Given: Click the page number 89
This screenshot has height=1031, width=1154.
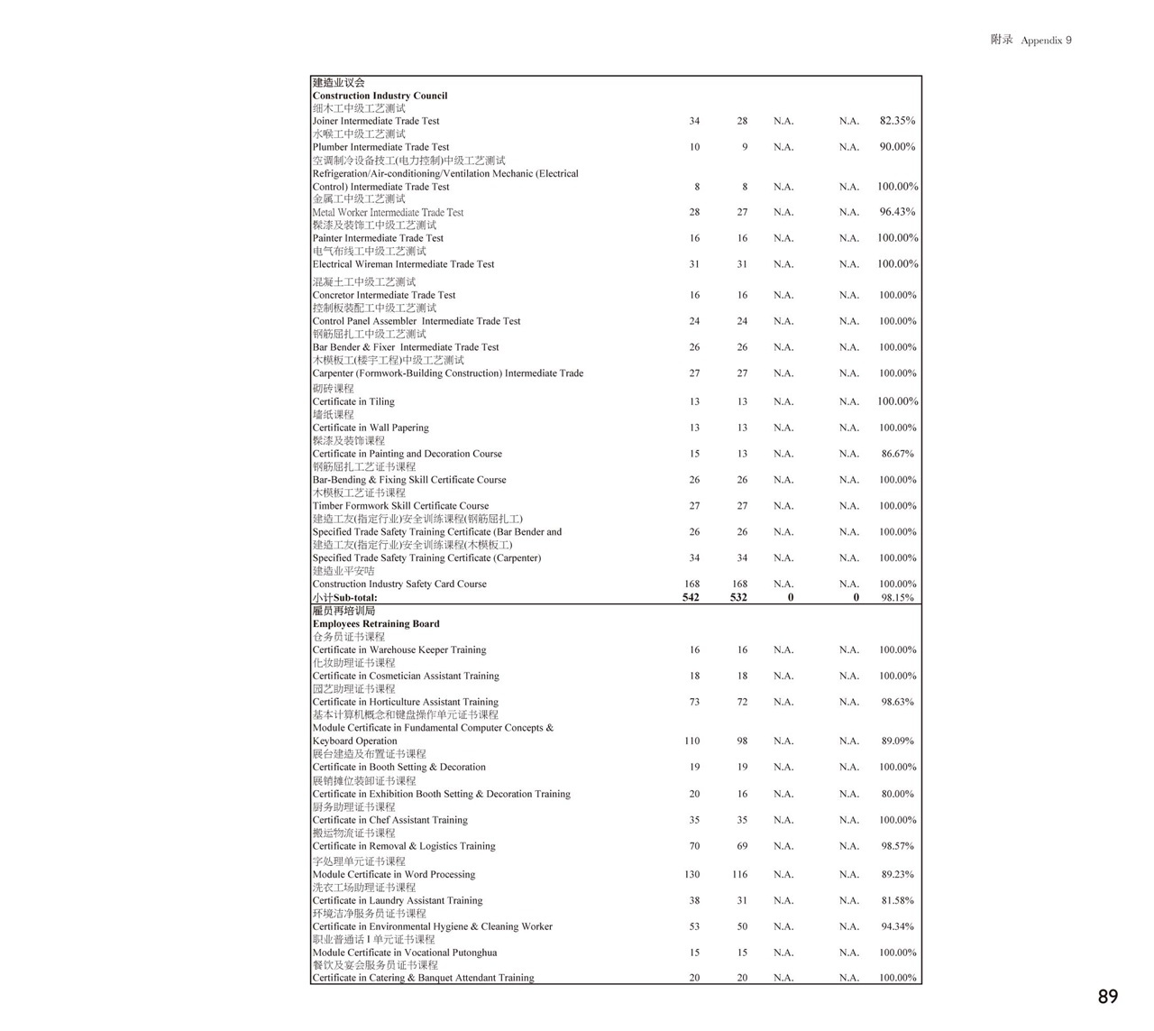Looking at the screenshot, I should pyautogui.click(x=1108, y=996).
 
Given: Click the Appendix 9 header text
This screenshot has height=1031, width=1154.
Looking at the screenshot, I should pyautogui.click(x=1046, y=41).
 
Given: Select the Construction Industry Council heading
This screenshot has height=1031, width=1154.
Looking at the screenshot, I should pyautogui.click(x=380, y=96).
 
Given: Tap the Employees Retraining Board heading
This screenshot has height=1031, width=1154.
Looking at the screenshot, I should pyautogui.click(x=376, y=623).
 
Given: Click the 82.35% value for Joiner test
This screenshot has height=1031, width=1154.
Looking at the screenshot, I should pyautogui.click(x=897, y=121).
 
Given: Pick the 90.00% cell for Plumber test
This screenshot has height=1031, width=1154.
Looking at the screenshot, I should pyautogui.click(x=897, y=147).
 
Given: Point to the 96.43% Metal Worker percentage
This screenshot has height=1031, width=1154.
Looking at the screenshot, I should pyautogui.click(x=897, y=212).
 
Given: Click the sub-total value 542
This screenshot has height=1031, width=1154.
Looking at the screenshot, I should pyautogui.click(x=691, y=597).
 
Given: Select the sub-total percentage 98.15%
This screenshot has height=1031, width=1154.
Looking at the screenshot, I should pyautogui.click(x=897, y=597).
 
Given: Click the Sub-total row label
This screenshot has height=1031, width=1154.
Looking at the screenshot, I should pyautogui.click(x=344, y=597).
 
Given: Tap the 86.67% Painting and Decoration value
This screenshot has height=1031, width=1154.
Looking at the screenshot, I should pyautogui.click(x=897, y=454).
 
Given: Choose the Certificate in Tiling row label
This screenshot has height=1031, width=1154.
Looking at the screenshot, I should pyautogui.click(x=353, y=402).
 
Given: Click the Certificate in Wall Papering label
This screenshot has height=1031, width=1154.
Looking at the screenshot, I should pyautogui.click(x=371, y=428).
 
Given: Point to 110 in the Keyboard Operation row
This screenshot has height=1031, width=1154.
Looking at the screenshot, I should pyautogui.click(x=691, y=741).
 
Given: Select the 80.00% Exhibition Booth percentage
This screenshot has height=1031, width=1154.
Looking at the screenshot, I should pyautogui.click(x=897, y=794).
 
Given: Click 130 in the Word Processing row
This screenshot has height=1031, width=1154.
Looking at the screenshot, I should pyautogui.click(x=691, y=874).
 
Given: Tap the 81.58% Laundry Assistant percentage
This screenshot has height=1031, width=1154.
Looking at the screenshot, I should pyautogui.click(x=897, y=900).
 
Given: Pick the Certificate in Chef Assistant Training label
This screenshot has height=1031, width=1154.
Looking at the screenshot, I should pyautogui.click(x=389, y=820).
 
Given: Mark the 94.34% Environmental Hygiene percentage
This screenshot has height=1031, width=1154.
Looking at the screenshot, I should pyautogui.click(x=897, y=926).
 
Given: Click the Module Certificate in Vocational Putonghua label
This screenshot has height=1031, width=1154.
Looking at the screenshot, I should pyautogui.click(x=404, y=953).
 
